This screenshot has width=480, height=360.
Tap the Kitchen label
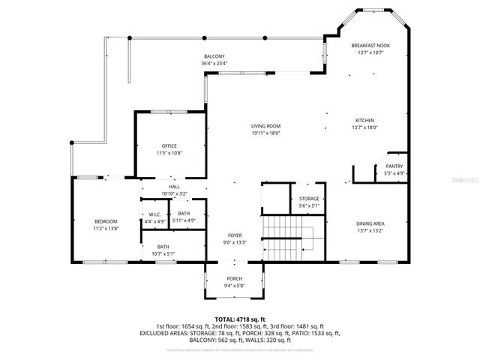(x=365, y=121)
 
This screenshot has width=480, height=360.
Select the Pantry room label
(x=394, y=166)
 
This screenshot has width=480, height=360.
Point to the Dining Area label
(x=370, y=223)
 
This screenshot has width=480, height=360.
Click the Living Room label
(x=265, y=126)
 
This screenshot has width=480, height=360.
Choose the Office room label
(x=169, y=145)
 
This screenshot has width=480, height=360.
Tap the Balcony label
(x=214, y=57)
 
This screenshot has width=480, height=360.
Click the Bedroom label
(x=106, y=221)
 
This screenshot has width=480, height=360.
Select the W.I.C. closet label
(x=154, y=215)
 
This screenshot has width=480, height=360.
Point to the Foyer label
(x=235, y=235)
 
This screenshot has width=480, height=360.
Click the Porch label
(x=235, y=278)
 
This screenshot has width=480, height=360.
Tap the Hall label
(x=174, y=187)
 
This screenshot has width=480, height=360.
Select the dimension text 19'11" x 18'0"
(x=265, y=133)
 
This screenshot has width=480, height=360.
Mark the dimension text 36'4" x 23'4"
(x=214, y=64)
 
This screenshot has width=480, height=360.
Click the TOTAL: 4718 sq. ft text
(x=240, y=319)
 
